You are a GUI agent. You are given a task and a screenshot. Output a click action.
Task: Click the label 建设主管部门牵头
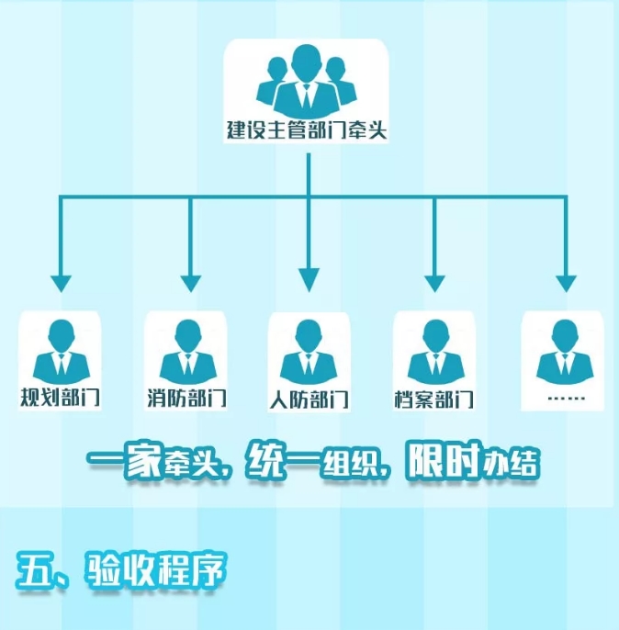coord(307,129)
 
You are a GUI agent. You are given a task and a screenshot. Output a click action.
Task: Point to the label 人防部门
coord(309,399)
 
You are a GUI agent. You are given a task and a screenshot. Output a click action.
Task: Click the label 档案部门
coord(433,399)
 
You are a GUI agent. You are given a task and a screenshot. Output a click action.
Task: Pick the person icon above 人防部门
coord(309,353)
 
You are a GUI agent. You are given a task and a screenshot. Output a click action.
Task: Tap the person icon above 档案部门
coord(433,353)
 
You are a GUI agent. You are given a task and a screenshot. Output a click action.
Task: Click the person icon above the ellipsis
coord(560,353)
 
